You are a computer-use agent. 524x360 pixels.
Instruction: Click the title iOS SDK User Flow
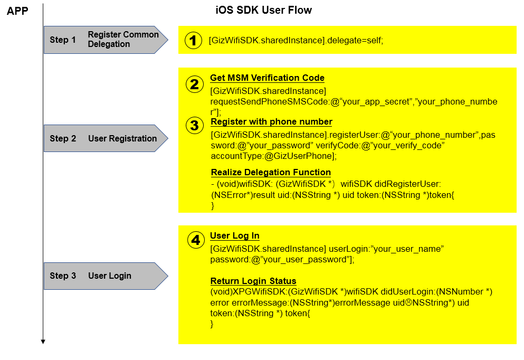(264, 10)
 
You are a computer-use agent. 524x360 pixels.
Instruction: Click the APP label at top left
(17, 10)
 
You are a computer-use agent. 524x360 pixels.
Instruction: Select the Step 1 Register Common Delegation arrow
(106, 40)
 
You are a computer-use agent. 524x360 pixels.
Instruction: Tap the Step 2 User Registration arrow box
(106, 138)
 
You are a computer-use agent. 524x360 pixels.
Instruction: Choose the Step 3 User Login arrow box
(106, 276)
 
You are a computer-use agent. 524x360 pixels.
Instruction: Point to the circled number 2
(195, 84)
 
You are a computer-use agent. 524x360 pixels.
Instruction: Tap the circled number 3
(195, 126)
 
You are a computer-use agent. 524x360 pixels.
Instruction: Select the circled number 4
(195, 241)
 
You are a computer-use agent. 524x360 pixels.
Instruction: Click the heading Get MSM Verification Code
(267, 78)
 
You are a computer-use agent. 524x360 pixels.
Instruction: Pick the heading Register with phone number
(271, 122)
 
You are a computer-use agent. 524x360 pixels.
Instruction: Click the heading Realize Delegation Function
(271, 172)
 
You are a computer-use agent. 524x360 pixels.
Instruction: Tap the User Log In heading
(235, 236)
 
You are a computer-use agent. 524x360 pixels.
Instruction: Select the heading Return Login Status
(253, 281)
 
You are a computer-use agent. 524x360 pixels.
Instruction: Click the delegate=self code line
(296, 40)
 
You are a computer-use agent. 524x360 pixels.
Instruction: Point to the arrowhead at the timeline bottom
(43, 342)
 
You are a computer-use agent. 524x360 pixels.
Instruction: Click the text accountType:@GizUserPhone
(273, 156)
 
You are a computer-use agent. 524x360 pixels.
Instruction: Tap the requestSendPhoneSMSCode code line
(354, 102)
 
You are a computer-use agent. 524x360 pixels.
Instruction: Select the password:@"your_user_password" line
(282, 260)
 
